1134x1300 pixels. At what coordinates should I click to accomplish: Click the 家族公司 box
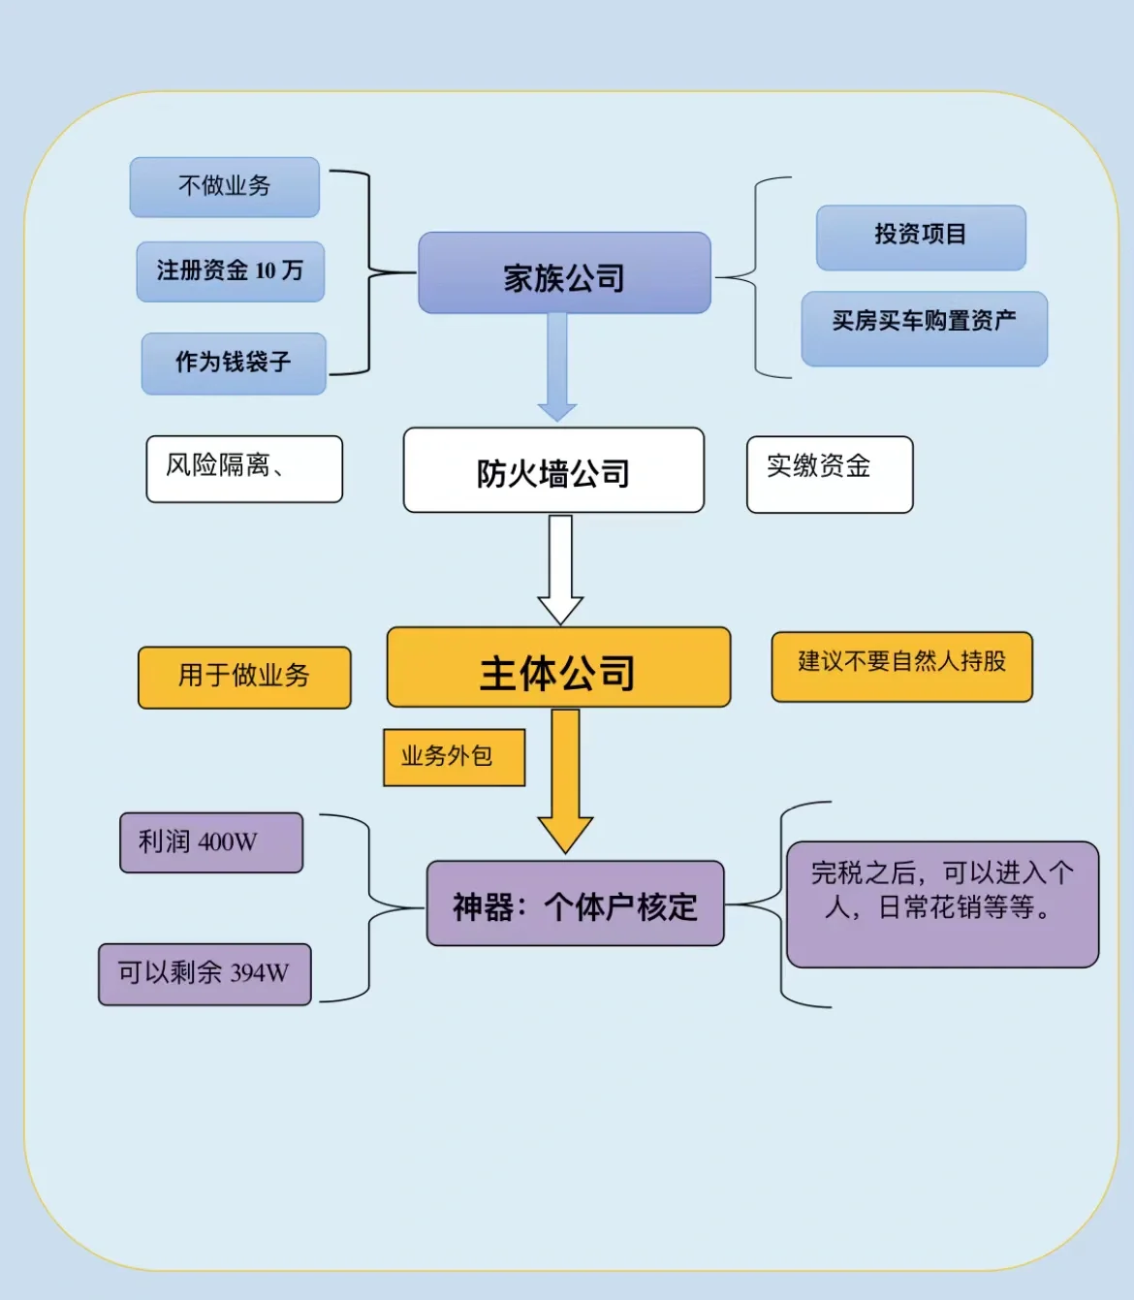pyautogui.click(x=564, y=273)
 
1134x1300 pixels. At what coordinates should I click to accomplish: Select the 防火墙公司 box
pyautogui.click(x=553, y=470)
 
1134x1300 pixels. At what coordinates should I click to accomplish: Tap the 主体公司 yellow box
pyautogui.click(x=558, y=668)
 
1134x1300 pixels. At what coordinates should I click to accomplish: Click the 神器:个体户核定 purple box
pyautogui.click(x=575, y=904)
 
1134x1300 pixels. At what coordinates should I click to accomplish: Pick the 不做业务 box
pyautogui.click(x=225, y=187)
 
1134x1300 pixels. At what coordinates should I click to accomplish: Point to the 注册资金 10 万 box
pyautogui.click(x=231, y=272)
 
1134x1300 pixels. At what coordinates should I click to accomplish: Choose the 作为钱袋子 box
pyautogui.click(x=234, y=364)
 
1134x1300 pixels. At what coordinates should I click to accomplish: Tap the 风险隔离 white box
pyautogui.click(x=244, y=469)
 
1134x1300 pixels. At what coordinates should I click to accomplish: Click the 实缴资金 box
pyautogui.click(x=830, y=474)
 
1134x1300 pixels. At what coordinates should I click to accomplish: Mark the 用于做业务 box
pyautogui.click(x=244, y=678)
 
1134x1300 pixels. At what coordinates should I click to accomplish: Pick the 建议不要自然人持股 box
pyautogui.click(x=901, y=667)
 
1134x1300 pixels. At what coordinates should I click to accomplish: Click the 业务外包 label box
pyautogui.click(x=454, y=757)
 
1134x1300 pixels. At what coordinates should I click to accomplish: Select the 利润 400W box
pyautogui.click(x=211, y=842)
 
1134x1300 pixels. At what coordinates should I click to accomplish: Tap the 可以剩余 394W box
pyautogui.click(x=205, y=974)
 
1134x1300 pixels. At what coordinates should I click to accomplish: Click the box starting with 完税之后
pyautogui.click(x=942, y=904)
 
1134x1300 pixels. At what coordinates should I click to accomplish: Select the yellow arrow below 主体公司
pyautogui.click(x=565, y=780)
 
